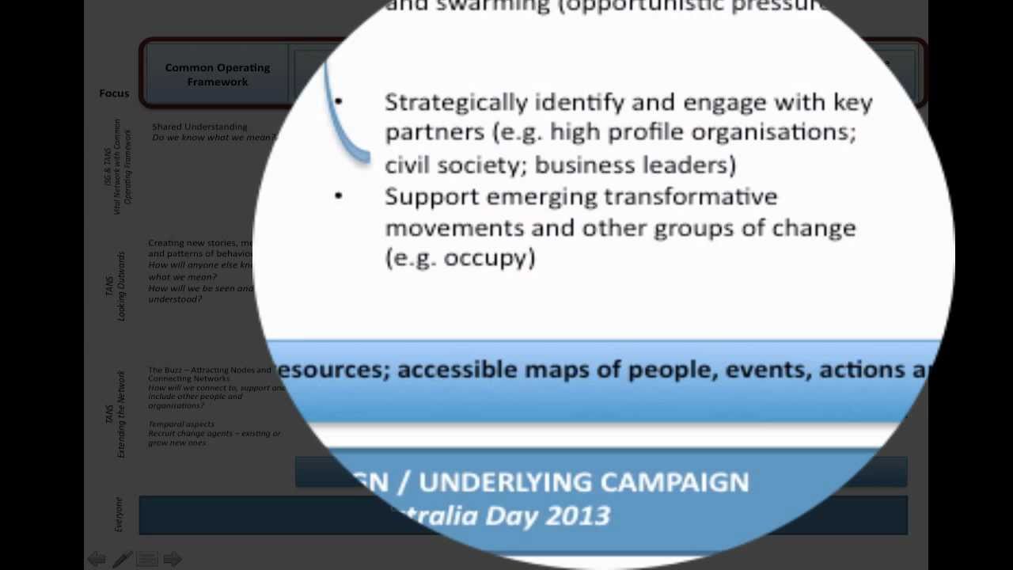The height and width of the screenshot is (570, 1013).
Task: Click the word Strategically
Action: [456, 103]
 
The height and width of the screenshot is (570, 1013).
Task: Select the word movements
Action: [454, 228]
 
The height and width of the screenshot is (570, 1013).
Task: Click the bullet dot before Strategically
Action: [339, 102]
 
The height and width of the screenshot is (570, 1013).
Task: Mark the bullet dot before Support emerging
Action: [339, 196]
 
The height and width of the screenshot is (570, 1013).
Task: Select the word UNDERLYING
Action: [504, 482]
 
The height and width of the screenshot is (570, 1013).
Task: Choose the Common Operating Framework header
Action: [218, 74]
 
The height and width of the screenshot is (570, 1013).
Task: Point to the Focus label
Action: [114, 93]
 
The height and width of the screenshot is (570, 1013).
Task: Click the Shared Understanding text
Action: [199, 127]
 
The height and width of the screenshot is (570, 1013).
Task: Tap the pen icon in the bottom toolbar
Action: [122, 560]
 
